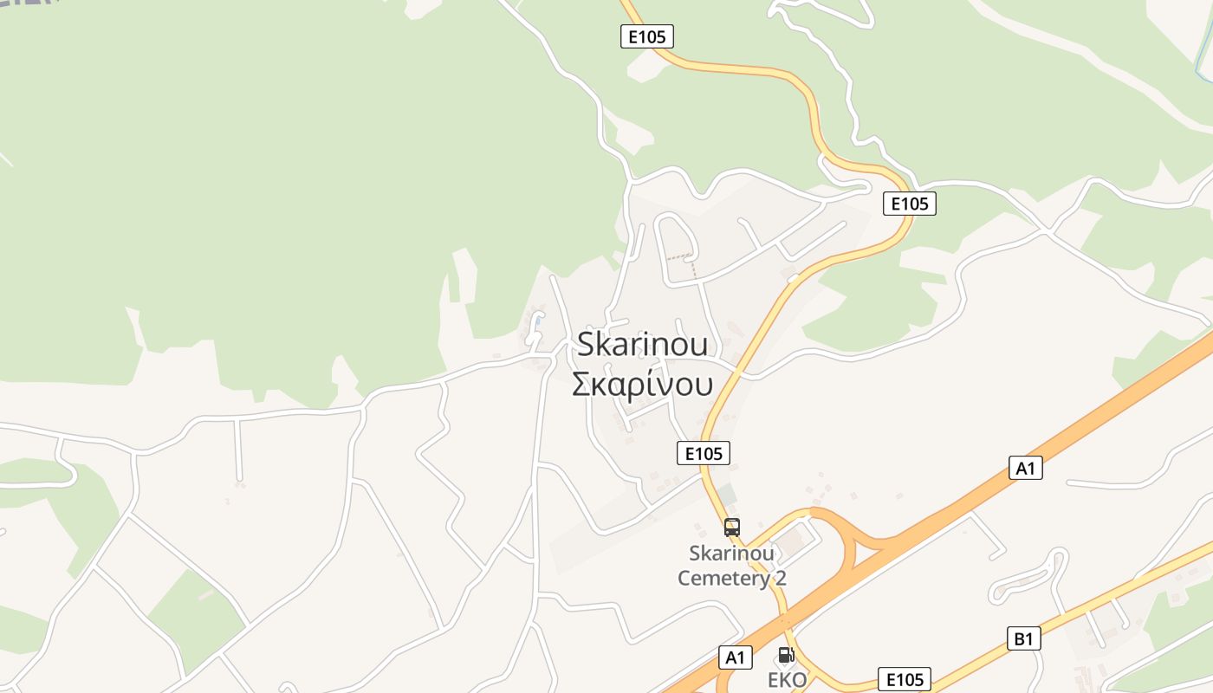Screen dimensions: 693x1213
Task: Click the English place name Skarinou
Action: pyautogui.click(x=642, y=344)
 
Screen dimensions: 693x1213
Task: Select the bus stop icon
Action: pyautogui.click(x=732, y=527)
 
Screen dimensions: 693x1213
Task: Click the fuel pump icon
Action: pyautogui.click(x=786, y=655)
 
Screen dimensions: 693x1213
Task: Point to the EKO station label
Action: pyautogui.click(x=787, y=680)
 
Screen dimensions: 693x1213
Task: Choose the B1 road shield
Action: pyautogui.click(x=1024, y=639)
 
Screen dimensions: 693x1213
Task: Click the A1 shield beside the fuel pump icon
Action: pyautogui.click(x=735, y=657)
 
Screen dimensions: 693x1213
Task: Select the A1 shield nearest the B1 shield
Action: pyautogui.click(x=1026, y=468)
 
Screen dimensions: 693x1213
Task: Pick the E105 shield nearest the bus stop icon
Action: pyautogui.click(x=703, y=452)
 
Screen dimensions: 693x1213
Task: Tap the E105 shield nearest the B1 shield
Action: pyautogui.click(x=905, y=679)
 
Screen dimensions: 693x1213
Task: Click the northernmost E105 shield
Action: pyautogui.click(x=647, y=36)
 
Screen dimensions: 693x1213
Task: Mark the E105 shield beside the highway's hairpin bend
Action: pyautogui.click(x=910, y=204)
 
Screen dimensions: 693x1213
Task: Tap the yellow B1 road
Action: pyautogui.click(x=1118, y=589)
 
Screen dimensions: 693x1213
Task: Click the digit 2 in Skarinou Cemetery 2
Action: pyautogui.click(x=781, y=578)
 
